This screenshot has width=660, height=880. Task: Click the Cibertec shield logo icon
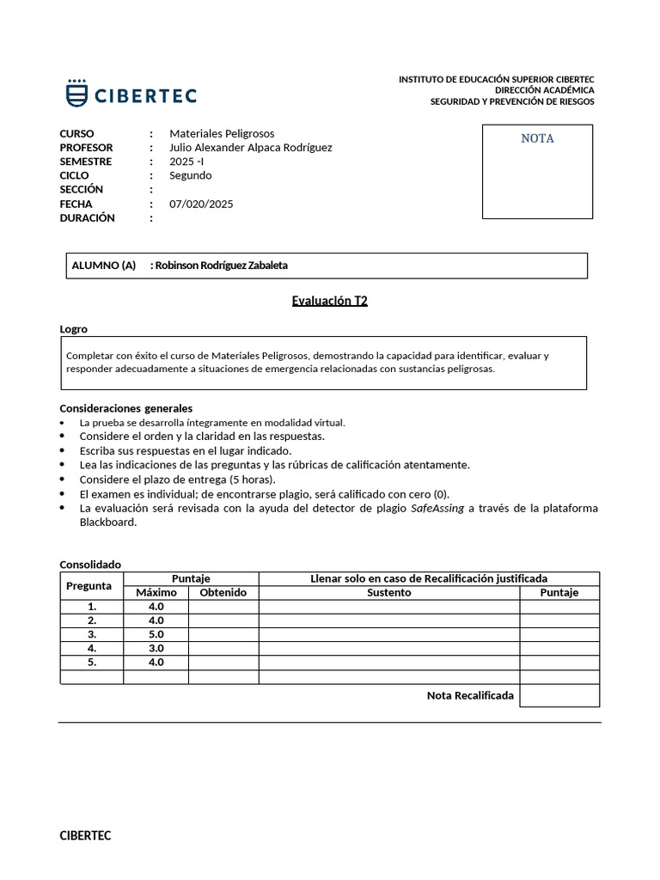pyautogui.click(x=76, y=93)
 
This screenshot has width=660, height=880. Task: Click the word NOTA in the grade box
pyautogui.click(x=537, y=138)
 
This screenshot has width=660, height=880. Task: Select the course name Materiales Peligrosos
pyautogui.click(x=222, y=133)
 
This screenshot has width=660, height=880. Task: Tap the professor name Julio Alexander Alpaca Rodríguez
pyautogui.click(x=250, y=147)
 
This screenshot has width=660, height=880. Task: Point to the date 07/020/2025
pyautogui.click(x=201, y=204)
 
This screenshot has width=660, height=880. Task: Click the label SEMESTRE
pyautogui.click(x=86, y=162)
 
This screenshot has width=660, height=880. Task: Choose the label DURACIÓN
pyautogui.click(x=87, y=217)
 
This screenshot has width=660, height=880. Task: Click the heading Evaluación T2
pyautogui.click(x=330, y=301)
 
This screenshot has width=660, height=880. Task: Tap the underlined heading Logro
pyautogui.click(x=73, y=329)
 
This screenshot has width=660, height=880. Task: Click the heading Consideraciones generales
pyautogui.click(x=125, y=407)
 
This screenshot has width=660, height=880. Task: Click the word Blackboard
pyautogui.click(x=107, y=522)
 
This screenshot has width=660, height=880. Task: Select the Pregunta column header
pyautogui.click(x=89, y=585)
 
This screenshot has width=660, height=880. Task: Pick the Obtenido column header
pyautogui.click(x=223, y=592)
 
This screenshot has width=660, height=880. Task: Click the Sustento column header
pyautogui.click(x=388, y=592)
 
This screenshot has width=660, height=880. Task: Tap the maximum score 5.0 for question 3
pyautogui.click(x=156, y=634)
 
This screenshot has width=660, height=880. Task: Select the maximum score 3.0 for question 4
pyautogui.click(x=156, y=648)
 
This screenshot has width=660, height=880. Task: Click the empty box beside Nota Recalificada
pyautogui.click(x=559, y=695)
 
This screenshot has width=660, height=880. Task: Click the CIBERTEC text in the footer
pyautogui.click(x=85, y=834)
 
